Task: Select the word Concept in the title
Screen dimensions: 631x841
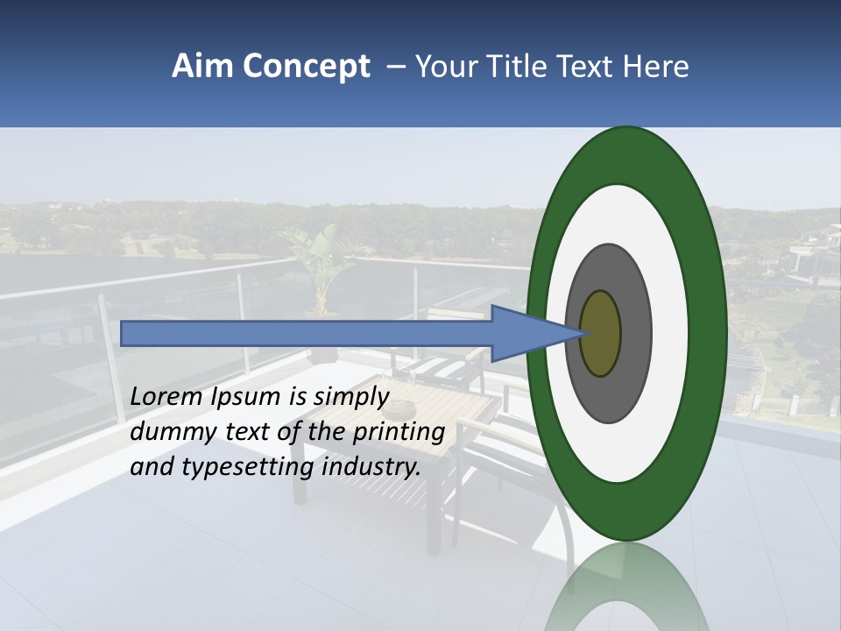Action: click(306, 67)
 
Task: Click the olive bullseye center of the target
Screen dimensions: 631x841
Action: click(601, 334)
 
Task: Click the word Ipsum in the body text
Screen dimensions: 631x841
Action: click(247, 397)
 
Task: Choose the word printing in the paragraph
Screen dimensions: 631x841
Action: click(398, 432)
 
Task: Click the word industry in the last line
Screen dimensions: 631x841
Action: click(371, 467)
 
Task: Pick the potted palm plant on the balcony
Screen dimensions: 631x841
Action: click(321, 263)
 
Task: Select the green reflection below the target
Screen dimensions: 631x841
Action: click(627, 587)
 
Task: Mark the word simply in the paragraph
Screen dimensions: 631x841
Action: click(351, 397)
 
